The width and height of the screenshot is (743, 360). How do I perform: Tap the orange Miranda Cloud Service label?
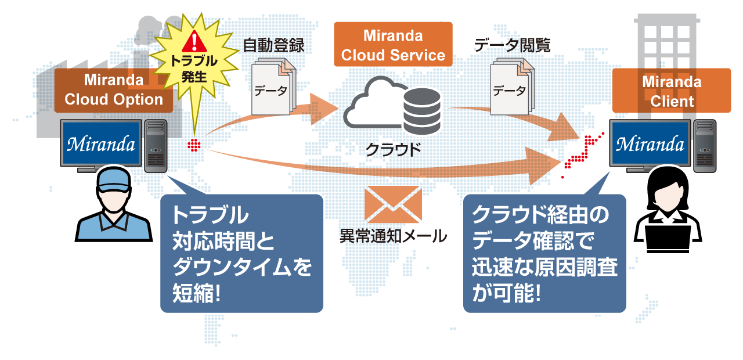pos(393,45)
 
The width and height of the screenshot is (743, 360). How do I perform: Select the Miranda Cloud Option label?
pos(114,90)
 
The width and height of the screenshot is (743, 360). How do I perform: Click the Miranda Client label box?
pos(672,91)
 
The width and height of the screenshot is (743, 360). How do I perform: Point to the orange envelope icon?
pos(393,204)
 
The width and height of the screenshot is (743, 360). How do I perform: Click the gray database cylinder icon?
pos(422,111)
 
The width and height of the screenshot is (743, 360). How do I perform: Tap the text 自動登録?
pos(273,45)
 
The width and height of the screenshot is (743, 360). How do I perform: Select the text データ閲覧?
pos(512,45)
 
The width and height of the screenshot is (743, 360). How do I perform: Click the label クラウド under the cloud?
pos(394,150)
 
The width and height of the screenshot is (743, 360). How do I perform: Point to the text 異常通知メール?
pos(394,236)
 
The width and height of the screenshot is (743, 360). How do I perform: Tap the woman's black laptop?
pos(668,238)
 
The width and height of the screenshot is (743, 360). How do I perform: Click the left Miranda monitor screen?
pos(101,143)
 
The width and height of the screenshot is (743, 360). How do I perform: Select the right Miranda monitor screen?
pos(650,143)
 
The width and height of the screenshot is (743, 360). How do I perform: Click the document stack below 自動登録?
pos(273,87)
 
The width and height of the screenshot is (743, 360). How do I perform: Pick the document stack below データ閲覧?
pos(513,87)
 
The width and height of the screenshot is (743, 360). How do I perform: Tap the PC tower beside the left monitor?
pos(156,146)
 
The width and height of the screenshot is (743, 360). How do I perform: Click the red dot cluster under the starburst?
pos(194,145)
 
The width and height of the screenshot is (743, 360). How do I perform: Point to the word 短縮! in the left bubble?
pos(196,293)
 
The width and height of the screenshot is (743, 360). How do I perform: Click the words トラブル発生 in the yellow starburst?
pos(194,69)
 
